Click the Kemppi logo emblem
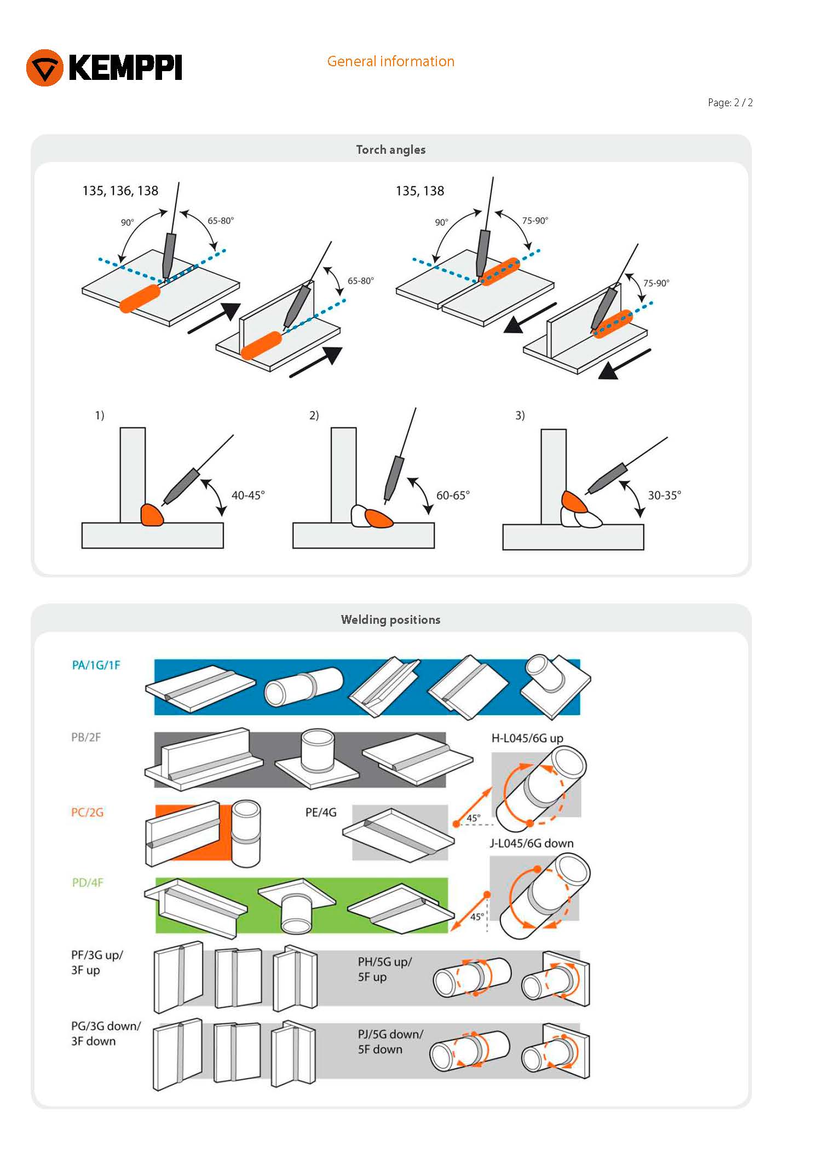coord(45,68)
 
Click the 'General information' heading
coord(390,61)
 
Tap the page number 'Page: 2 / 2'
coord(730,102)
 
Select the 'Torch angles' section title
coord(390,149)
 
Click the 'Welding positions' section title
coord(390,619)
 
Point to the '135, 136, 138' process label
coord(120,190)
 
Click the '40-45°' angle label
coord(247,495)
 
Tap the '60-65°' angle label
coord(452,495)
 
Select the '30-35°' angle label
coord(664,495)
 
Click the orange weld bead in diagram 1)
coord(152,514)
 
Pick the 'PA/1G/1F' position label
coord(96,665)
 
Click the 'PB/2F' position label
coord(86,737)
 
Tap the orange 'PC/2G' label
coord(87,812)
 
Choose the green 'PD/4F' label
coord(88,882)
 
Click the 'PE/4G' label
coord(321,812)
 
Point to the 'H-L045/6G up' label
coord(527,738)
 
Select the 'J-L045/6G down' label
coord(531,843)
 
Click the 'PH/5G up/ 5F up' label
coord(384,969)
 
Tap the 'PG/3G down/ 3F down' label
coord(106,1033)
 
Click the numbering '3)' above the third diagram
coord(520,415)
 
